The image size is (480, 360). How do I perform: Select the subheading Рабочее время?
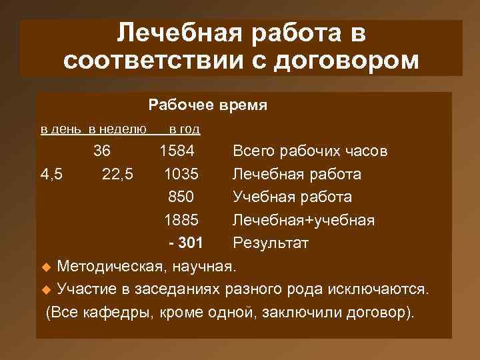[x=208, y=105]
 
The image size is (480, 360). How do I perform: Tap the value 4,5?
[x=52, y=174]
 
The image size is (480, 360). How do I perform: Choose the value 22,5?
[x=118, y=174]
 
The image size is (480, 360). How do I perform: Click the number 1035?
[x=181, y=174]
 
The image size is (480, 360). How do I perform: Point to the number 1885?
[x=181, y=219]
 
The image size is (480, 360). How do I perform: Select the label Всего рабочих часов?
[x=309, y=151]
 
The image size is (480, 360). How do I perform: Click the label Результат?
[x=270, y=242]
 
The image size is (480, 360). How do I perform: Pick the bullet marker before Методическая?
[x=46, y=268]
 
